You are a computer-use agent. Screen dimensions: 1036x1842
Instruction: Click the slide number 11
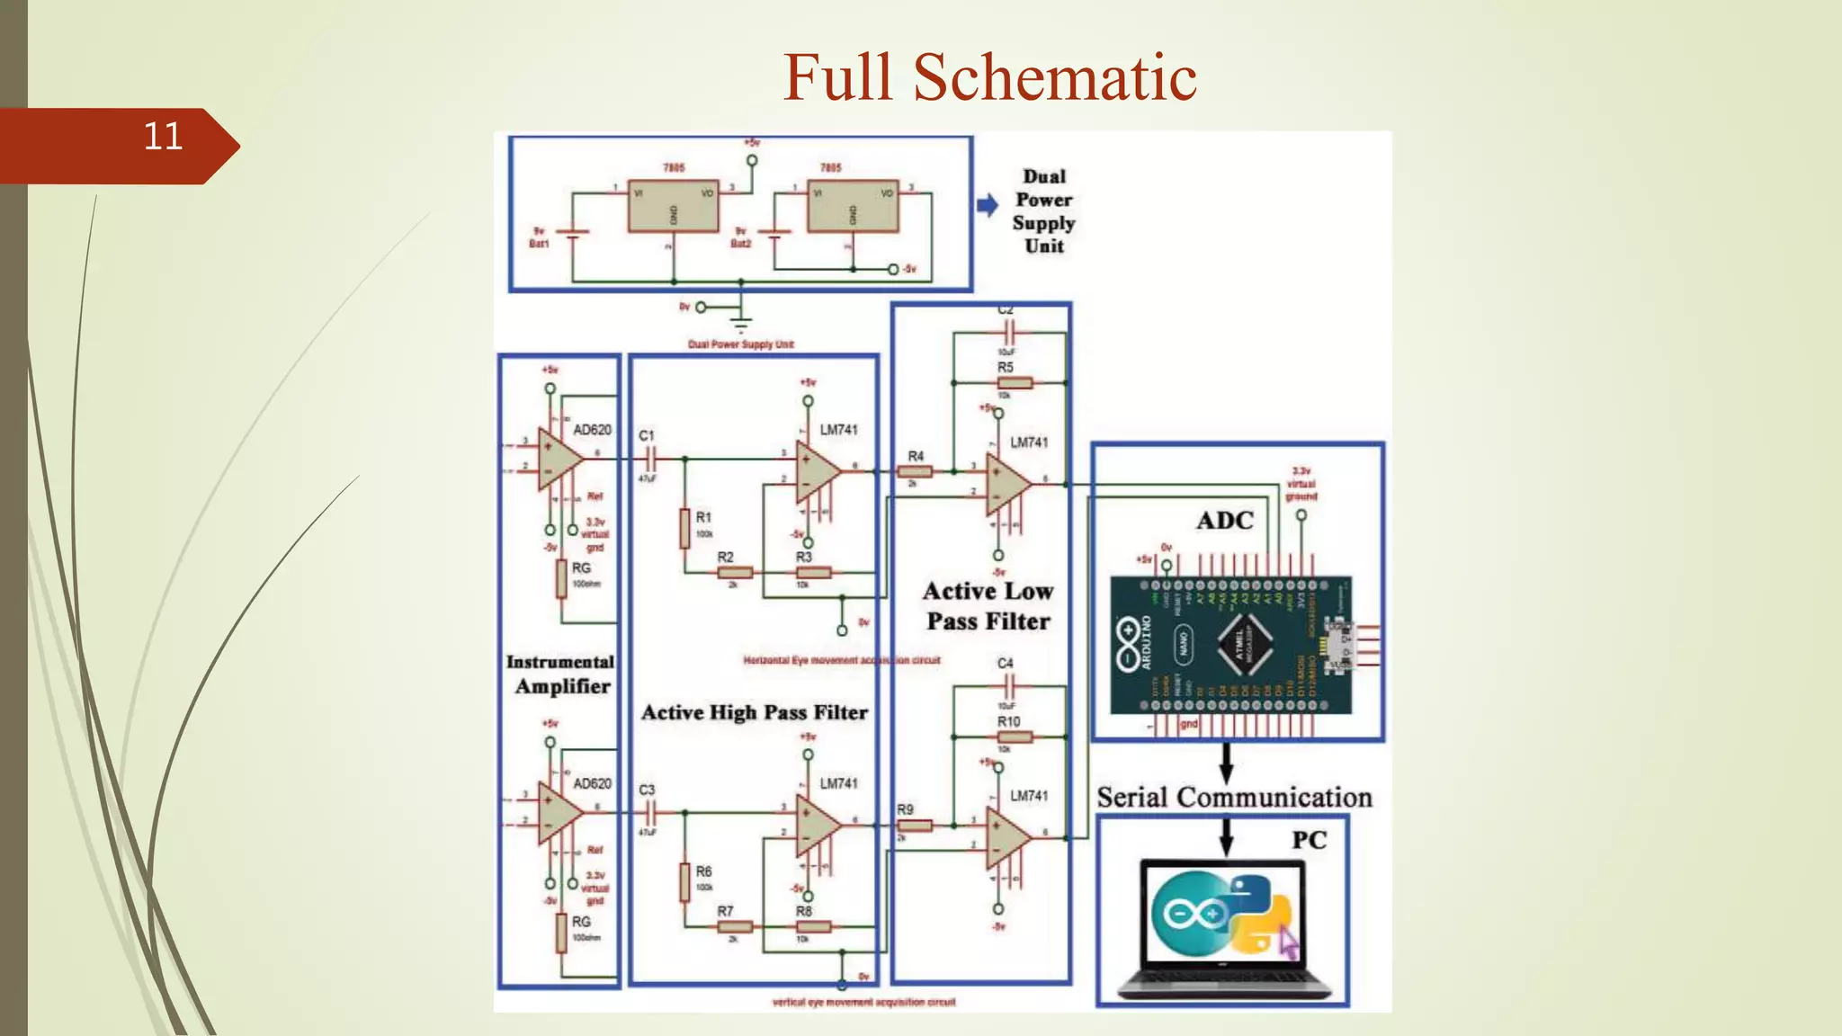pyautogui.click(x=163, y=137)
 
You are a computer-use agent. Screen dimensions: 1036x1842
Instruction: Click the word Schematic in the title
pyautogui.click(x=1054, y=77)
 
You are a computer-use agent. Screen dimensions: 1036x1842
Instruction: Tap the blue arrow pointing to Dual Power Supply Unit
pyautogui.click(x=988, y=205)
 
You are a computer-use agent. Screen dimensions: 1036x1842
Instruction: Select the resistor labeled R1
pyautogui.click(x=685, y=528)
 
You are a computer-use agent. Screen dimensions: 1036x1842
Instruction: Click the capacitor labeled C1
pyautogui.click(x=648, y=459)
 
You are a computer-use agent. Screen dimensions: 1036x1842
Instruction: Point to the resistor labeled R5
pyautogui.click(x=1015, y=383)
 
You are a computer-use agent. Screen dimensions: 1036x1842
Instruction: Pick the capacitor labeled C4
pyautogui.click(x=1008, y=688)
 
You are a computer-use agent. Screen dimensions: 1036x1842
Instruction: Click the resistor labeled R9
pyautogui.click(x=915, y=825)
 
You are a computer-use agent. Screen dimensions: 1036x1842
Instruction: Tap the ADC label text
pyautogui.click(x=1224, y=521)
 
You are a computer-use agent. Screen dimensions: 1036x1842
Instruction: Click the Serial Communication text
pyautogui.click(x=1234, y=797)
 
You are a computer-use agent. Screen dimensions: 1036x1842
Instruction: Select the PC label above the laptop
pyautogui.click(x=1309, y=840)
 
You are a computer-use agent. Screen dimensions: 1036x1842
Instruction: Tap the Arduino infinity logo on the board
pyautogui.click(x=1128, y=643)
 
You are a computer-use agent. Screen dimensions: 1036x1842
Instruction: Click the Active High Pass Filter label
pyautogui.click(x=754, y=712)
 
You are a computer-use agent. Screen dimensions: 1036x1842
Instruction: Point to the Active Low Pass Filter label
pyautogui.click(x=988, y=606)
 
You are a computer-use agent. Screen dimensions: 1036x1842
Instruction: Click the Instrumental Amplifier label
pyautogui.click(x=560, y=674)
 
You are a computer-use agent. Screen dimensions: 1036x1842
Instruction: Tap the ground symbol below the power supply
pyautogui.click(x=740, y=321)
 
